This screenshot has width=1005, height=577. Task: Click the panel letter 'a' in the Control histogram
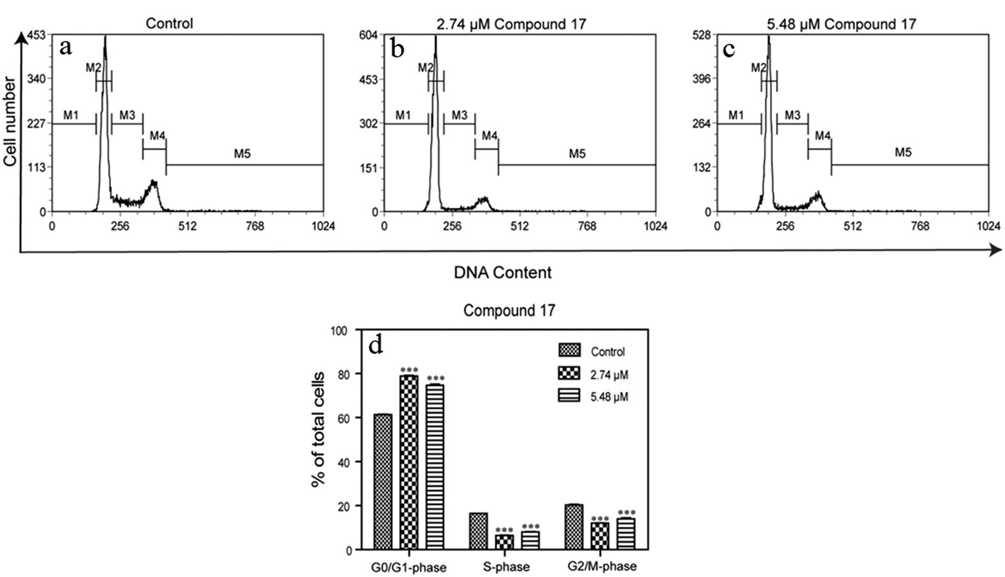65,48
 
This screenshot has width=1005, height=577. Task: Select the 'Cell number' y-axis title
10,121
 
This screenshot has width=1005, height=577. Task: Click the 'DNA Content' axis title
503,273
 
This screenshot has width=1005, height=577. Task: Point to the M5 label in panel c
903,153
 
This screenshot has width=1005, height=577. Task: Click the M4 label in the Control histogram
158,136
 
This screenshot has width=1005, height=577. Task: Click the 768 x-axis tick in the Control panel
255,226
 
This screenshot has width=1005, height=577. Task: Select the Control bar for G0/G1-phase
383,482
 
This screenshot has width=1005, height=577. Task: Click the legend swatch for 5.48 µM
569,396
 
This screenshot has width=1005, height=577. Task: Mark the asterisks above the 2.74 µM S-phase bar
505,530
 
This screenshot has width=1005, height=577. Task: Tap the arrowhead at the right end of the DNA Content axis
996,250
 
